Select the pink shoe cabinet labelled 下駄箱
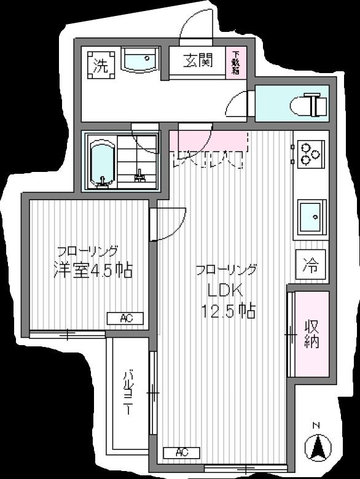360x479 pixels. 236,62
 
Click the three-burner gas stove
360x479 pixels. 307,154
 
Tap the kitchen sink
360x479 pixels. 311,216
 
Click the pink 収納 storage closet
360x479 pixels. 311,334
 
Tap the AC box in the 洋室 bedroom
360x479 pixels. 125,318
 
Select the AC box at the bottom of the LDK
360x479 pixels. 182,453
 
